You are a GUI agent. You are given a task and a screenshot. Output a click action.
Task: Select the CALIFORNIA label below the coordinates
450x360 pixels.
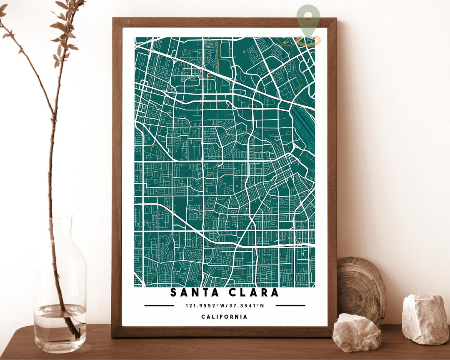[224, 317]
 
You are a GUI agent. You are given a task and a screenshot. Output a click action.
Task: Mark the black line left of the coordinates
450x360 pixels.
[159, 305]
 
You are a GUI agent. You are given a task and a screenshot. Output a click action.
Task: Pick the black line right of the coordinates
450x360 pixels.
[290, 305]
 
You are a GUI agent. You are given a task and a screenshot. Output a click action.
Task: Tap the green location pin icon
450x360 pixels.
[308, 19]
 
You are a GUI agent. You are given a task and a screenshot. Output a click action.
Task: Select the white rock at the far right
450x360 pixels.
[425, 319]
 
